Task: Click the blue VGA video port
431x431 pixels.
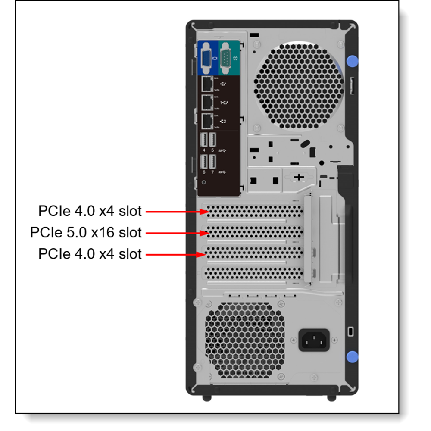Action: (207, 59)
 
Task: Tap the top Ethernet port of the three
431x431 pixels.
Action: (207, 83)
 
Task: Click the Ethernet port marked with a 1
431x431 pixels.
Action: (207, 103)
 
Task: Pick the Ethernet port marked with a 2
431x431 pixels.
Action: (207, 122)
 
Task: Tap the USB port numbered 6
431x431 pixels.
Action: (204, 162)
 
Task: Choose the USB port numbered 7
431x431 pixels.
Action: (212, 162)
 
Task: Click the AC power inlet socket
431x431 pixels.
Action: (314, 340)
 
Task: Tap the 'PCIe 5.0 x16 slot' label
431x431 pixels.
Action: (86, 233)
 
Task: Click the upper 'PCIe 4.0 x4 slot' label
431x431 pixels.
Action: (90, 211)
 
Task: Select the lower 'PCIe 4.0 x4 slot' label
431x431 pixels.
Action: (90, 254)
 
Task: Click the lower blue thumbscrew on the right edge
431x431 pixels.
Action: (352, 356)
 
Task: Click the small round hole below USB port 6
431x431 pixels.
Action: (204, 182)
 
